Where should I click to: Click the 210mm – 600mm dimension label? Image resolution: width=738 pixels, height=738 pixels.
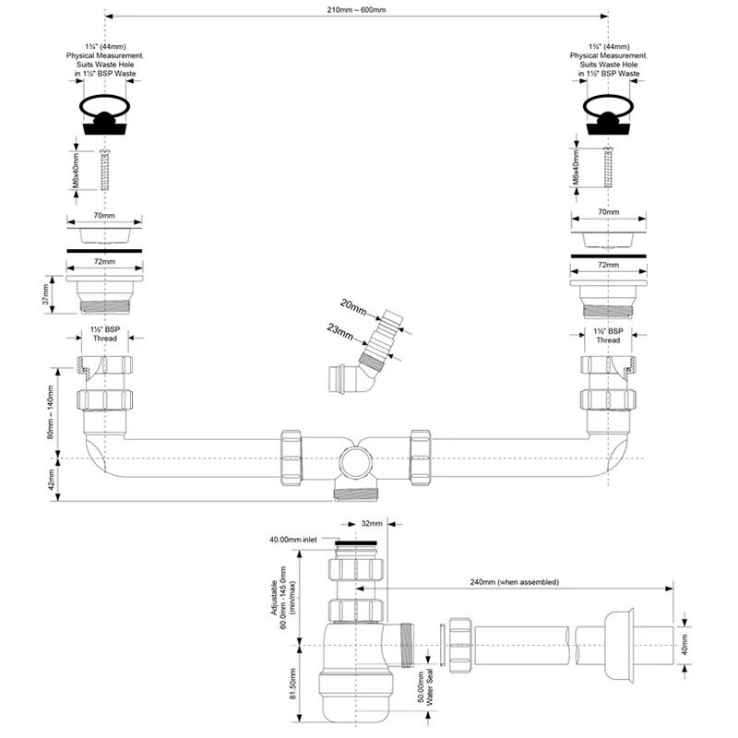356,10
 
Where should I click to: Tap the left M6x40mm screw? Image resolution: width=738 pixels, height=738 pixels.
104,170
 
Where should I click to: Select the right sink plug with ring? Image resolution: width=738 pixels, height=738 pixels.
607,114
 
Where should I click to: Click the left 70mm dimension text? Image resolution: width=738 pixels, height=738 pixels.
104,216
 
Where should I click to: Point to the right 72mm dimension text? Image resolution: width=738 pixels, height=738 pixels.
608,265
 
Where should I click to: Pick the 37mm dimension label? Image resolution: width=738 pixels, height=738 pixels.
46,294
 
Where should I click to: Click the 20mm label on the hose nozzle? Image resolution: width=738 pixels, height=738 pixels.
353,308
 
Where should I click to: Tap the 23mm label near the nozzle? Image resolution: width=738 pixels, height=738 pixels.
339,331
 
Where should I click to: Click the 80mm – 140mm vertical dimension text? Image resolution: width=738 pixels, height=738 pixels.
51,412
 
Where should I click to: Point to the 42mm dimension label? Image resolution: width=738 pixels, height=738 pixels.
51,479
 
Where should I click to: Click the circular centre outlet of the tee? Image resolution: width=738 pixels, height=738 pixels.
355,462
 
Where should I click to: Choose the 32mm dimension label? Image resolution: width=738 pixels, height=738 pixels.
372,523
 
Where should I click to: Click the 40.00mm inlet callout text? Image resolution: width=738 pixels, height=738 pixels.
293,540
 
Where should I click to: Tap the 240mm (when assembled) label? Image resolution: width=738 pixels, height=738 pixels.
515,582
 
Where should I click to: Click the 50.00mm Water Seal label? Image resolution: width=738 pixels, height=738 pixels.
425,687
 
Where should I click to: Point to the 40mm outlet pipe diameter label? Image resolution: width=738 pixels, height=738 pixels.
684,644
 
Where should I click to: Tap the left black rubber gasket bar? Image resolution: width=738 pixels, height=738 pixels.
104,251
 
